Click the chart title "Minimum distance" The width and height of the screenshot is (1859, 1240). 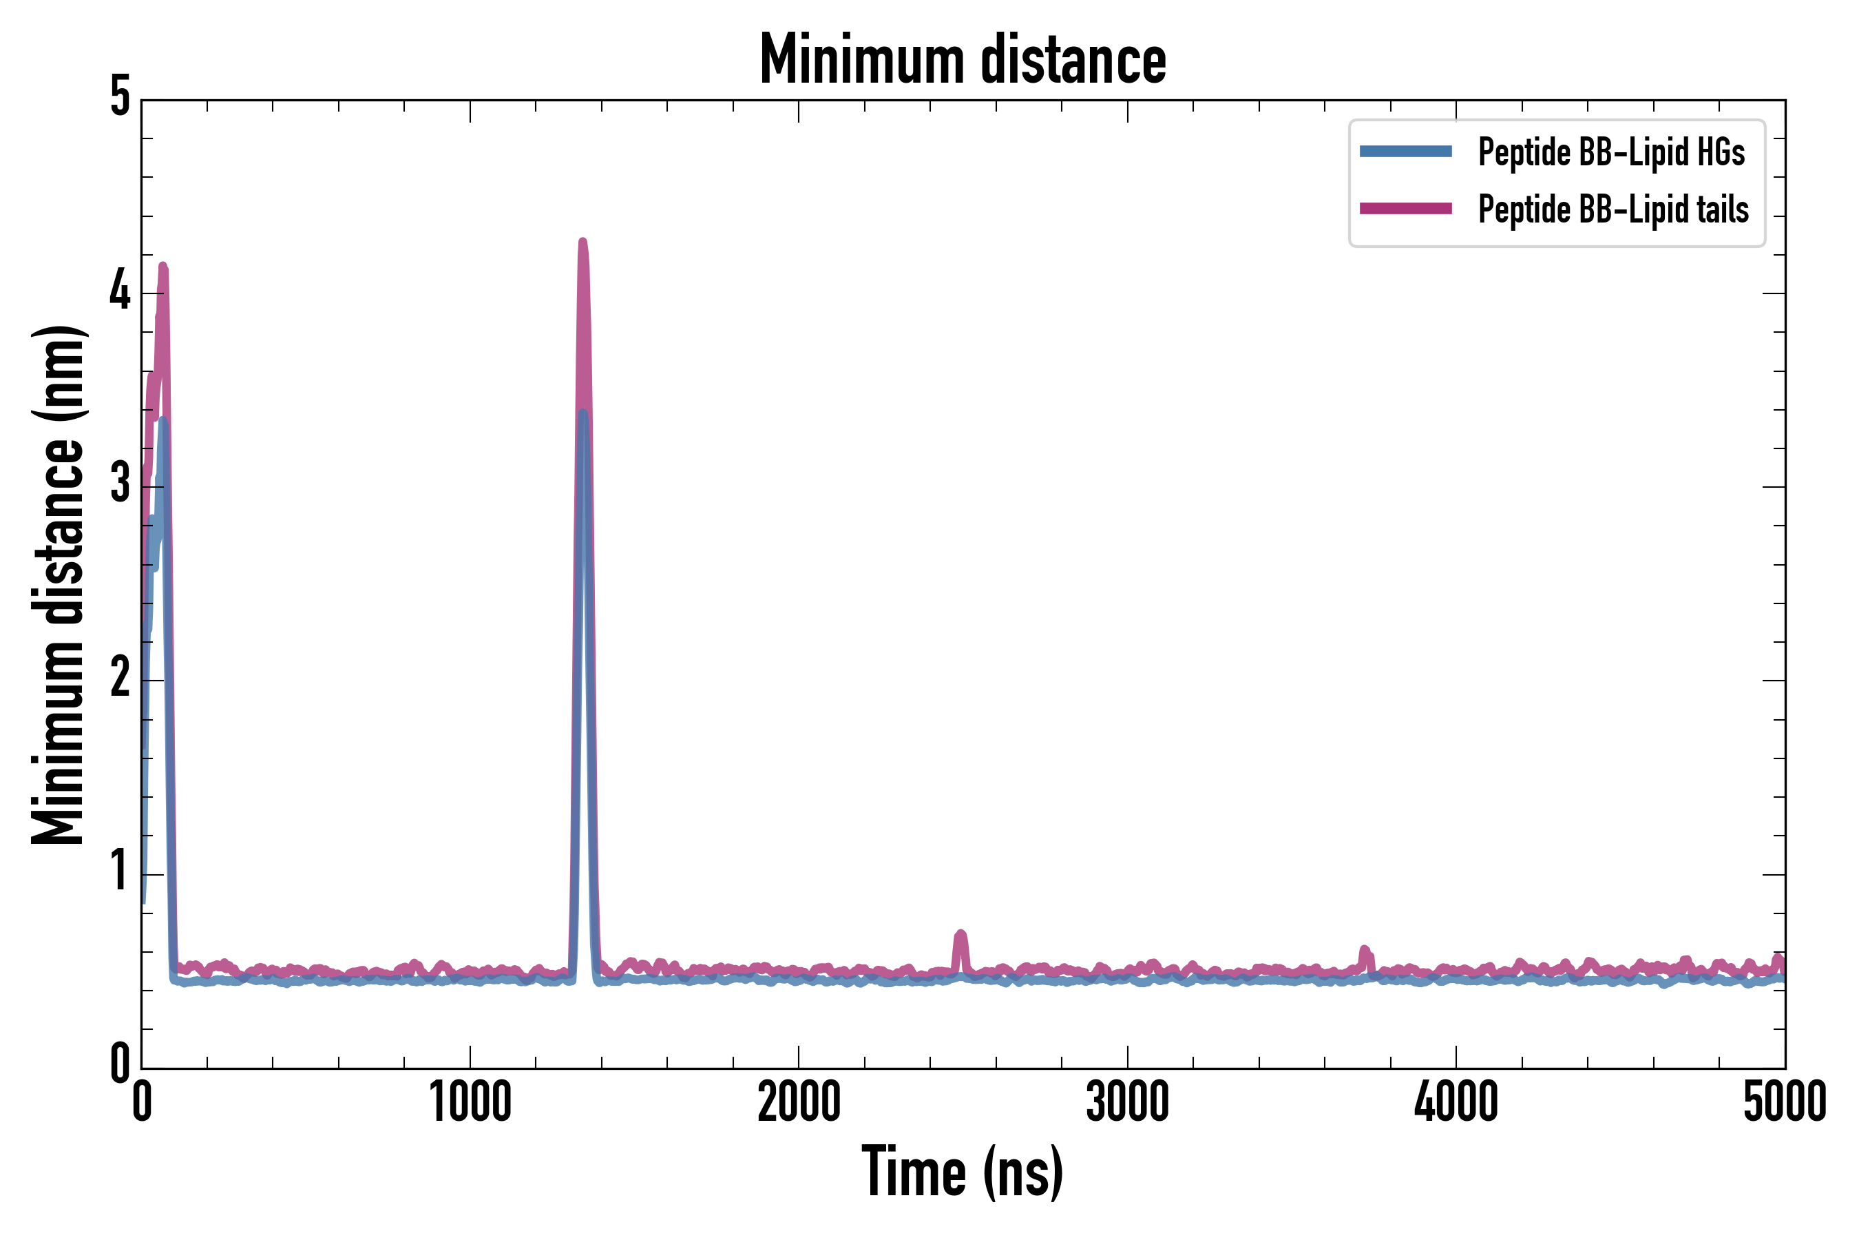(962, 59)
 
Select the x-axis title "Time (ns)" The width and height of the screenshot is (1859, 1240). (962, 1171)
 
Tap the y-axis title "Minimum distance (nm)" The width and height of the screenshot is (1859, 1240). (58, 585)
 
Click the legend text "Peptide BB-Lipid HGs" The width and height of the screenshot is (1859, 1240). (1611, 152)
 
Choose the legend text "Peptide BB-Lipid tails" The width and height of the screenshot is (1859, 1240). (1613, 209)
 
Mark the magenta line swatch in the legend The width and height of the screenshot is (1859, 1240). (1405, 209)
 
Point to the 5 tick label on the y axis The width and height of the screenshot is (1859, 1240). (120, 99)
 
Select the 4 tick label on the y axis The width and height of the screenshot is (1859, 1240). (120, 293)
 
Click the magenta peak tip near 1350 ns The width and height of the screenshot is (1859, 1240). (582, 241)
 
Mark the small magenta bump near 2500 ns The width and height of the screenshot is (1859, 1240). (960, 934)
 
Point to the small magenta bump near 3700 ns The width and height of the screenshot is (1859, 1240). (1364, 949)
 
